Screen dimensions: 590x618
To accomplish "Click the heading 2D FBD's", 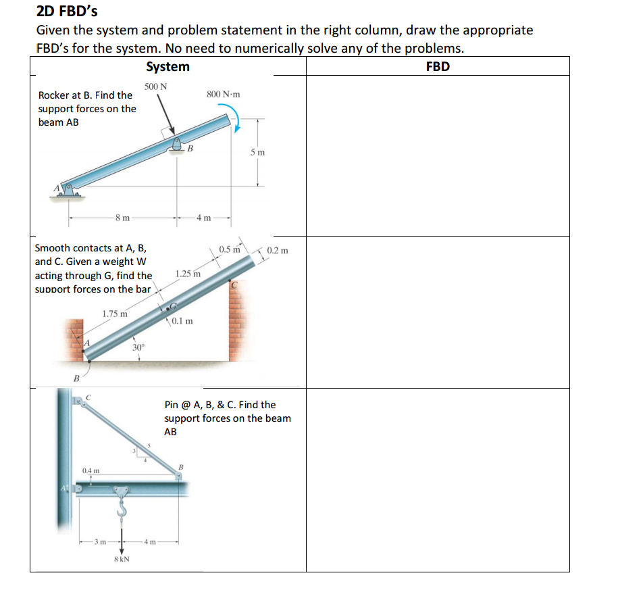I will pos(66,11).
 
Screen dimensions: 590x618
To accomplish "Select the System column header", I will pos(168,66).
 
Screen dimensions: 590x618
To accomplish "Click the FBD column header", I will pos(438,66).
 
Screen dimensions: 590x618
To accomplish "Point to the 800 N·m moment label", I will pos(223,95).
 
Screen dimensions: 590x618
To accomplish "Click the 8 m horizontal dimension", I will pos(122,218).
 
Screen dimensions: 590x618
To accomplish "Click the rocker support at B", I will pos(178,144).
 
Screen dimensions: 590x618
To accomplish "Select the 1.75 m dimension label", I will pos(115,313).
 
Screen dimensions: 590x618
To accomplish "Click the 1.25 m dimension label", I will pos(188,274).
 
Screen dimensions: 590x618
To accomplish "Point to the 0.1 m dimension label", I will pos(182,321).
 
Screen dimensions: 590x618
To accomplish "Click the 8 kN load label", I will pos(122,560).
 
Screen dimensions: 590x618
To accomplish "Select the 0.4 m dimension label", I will pos(91,470).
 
